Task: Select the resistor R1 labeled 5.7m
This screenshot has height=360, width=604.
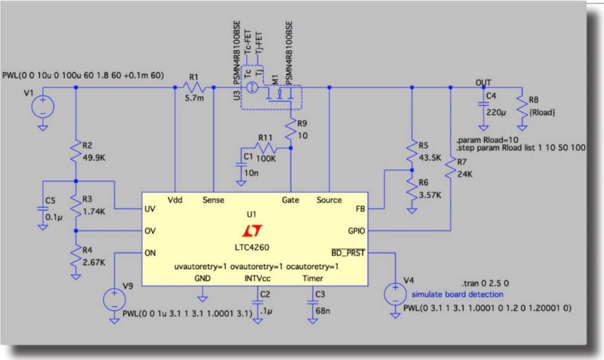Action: pyautogui.click(x=193, y=87)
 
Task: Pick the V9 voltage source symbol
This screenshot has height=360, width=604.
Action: pyautogui.click(x=112, y=298)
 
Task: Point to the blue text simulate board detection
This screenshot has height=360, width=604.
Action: pyautogui.click(x=457, y=294)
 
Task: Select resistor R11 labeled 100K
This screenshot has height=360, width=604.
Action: pyautogui.click(x=265, y=147)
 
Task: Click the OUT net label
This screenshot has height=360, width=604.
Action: pyautogui.click(x=483, y=82)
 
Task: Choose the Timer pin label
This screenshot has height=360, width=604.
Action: pyautogui.click(x=313, y=278)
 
